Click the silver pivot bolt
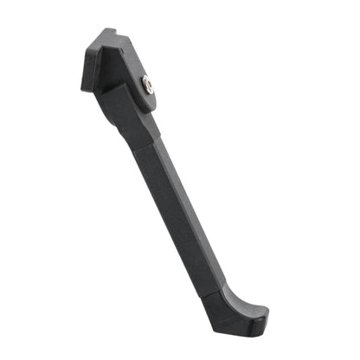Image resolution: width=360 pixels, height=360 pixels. [x=148, y=85]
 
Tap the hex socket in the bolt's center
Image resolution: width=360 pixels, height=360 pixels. [x=148, y=85]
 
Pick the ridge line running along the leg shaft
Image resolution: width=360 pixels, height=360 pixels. [x=169, y=208]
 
